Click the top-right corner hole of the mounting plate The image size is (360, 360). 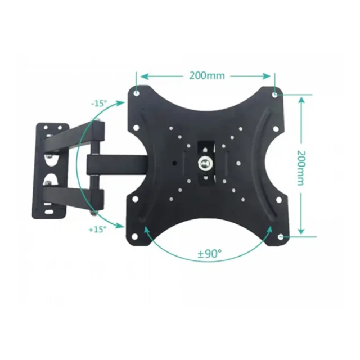click(x=275, y=94)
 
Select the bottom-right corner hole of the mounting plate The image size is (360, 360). click(x=281, y=237)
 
